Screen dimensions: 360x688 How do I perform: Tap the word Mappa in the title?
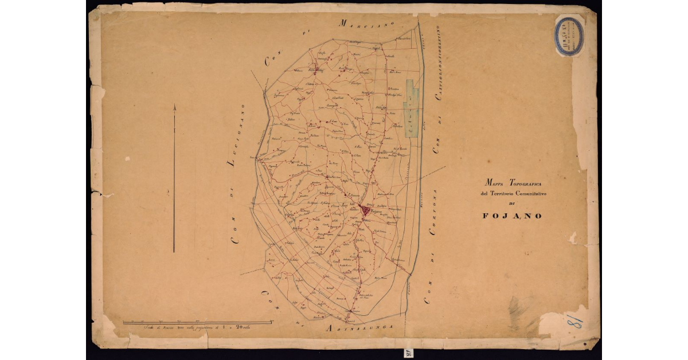(495, 183)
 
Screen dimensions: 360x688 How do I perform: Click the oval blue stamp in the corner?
(569, 35)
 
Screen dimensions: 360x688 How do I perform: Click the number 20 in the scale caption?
(249, 327)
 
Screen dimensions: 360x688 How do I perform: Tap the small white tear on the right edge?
(573, 237)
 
